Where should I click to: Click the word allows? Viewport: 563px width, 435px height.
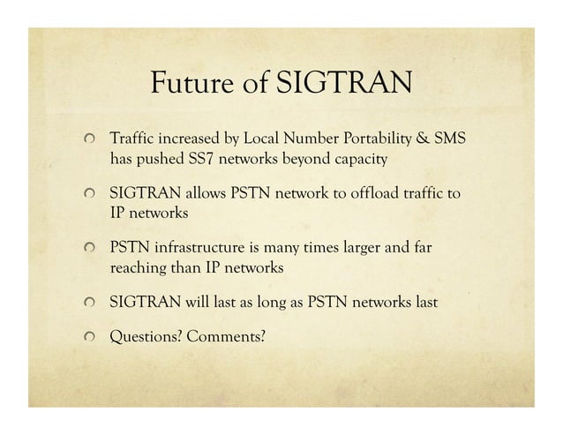(204, 193)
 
